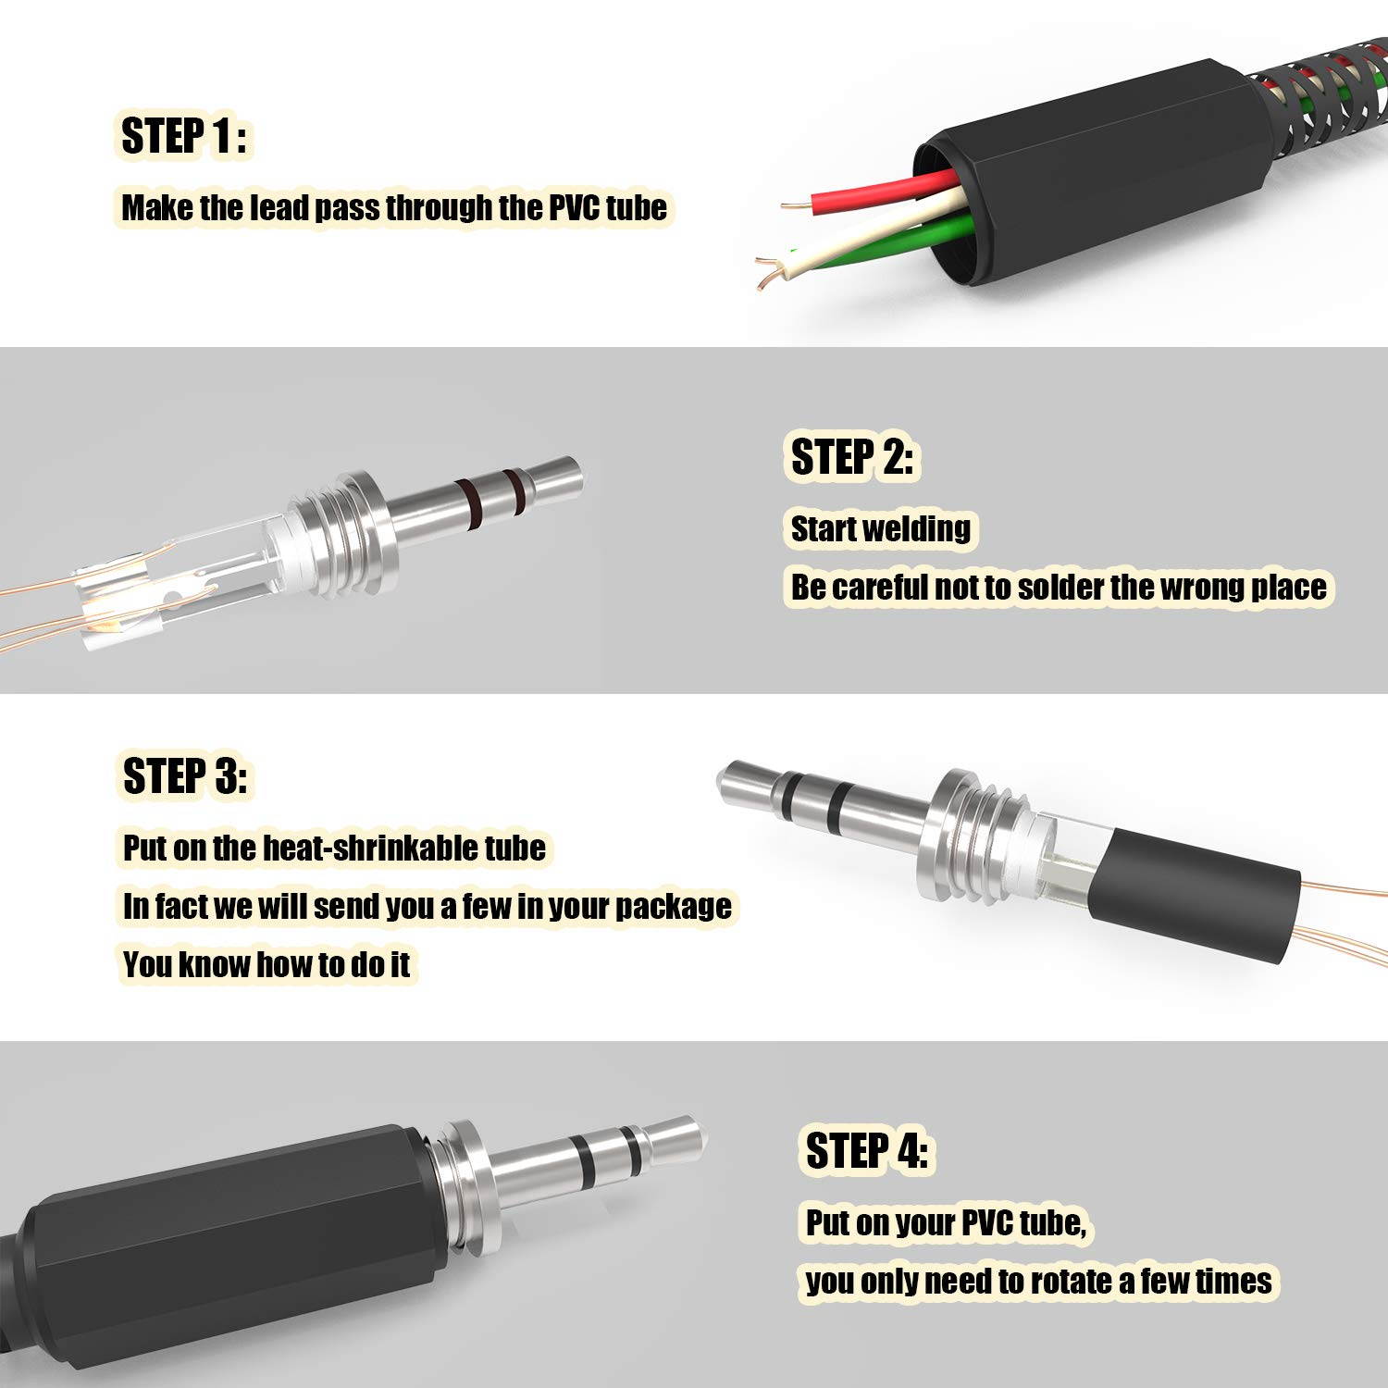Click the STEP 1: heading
tap(183, 136)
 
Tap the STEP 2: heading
tap(851, 457)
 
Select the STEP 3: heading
tap(185, 775)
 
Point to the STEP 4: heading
tap(866, 1151)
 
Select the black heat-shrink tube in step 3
tap(1194, 888)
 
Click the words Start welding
tap(880, 529)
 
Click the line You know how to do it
tap(266, 965)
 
